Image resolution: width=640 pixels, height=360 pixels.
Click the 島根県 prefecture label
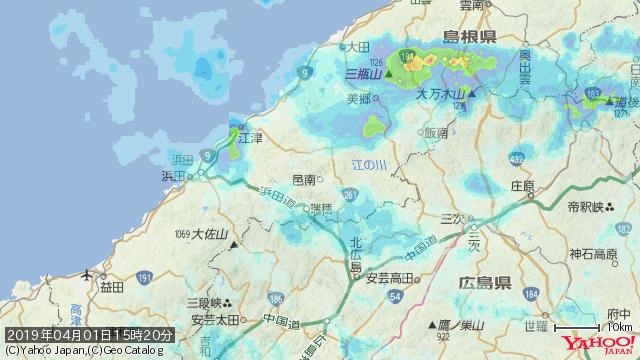point(470,37)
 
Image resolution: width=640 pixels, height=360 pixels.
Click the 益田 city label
point(111,286)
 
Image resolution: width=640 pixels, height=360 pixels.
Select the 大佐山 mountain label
point(211,235)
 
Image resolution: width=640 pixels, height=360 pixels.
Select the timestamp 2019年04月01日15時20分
point(89,334)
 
